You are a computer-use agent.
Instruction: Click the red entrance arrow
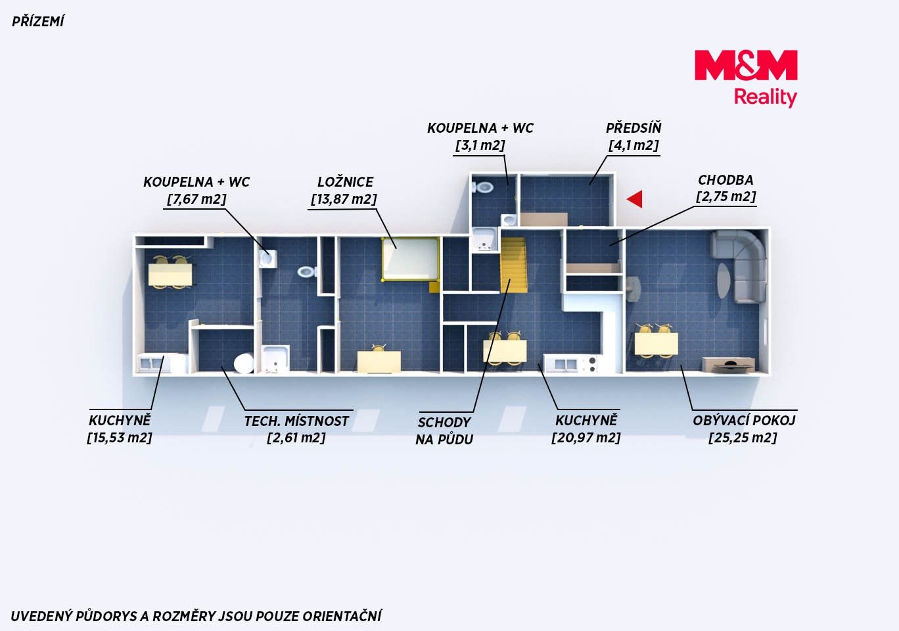(x=635, y=199)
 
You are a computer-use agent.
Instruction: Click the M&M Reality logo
(x=746, y=79)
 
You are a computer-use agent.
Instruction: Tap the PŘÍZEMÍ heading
(x=37, y=22)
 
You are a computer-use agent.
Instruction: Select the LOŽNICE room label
(x=345, y=182)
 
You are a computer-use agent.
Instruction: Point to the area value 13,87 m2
(x=344, y=199)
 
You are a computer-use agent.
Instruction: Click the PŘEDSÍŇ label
(x=634, y=128)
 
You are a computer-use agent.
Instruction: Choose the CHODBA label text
(x=726, y=180)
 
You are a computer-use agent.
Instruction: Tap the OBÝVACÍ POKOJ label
(x=744, y=420)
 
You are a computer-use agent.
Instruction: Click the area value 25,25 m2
(x=743, y=438)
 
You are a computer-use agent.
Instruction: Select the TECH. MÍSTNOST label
(x=296, y=421)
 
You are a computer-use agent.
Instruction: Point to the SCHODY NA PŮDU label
(x=444, y=431)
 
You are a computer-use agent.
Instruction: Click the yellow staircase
(x=513, y=265)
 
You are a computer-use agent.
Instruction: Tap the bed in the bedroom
(x=410, y=259)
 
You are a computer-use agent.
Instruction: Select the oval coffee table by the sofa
(x=724, y=281)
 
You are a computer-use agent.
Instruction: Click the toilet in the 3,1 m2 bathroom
(x=483, y=187)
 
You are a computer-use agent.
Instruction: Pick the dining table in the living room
(x=657, y=344)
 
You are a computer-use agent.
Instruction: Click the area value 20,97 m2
(x=586, y=438)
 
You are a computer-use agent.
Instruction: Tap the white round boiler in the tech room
(x=244, y=363)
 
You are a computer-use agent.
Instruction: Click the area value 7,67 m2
(x=196, y=199)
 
